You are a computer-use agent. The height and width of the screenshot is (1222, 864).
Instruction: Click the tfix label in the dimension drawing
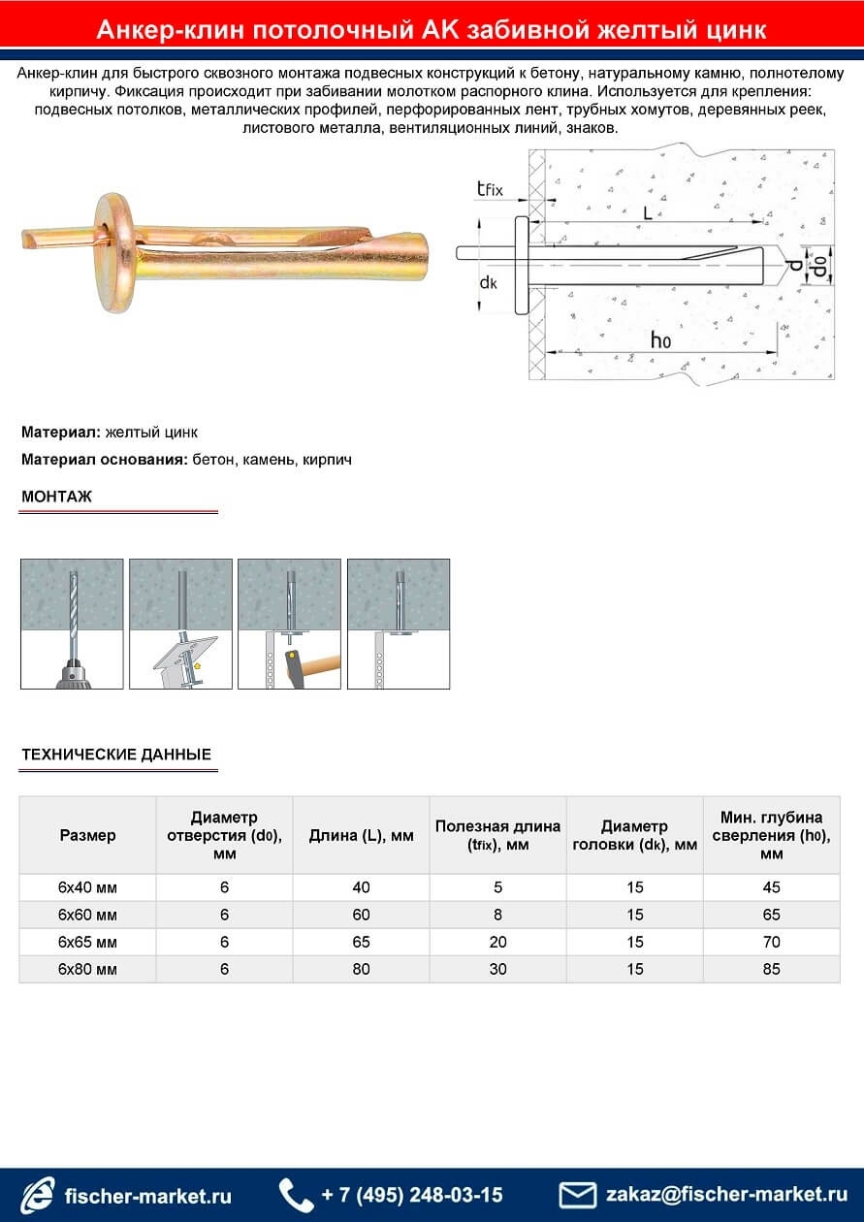(x=490, y=189)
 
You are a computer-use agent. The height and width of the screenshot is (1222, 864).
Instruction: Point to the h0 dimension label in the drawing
(x=660, y=339)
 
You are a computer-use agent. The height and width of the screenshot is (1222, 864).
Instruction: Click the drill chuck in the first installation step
(x=72, y=676)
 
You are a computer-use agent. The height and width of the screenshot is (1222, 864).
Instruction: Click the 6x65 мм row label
(x=87, y=942)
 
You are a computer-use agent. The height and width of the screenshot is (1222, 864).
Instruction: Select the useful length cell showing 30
(x=497, y=969)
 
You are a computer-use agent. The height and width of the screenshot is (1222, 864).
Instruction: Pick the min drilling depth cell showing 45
(x=771, y=887)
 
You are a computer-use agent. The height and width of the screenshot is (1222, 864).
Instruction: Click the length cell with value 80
(x=361, y=969)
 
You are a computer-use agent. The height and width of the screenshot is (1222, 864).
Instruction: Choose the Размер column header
(x=87, y=835)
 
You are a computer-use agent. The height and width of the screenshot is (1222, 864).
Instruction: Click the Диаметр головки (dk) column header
(x=634, y=835)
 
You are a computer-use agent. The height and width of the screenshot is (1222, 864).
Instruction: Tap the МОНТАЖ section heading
(x=56, y=497)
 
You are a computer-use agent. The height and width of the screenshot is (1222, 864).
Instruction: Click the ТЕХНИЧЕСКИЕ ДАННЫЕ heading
(x=116, y=755)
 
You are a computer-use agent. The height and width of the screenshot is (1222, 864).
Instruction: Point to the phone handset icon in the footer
(x=295, y=1195)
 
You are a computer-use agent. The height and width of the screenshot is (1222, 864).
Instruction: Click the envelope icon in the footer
(x=578, y=1195)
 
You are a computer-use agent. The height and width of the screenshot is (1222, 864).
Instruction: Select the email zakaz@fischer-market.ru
(x=726, y=1195)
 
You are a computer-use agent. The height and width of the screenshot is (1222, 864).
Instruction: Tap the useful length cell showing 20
(x=497, y=942)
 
